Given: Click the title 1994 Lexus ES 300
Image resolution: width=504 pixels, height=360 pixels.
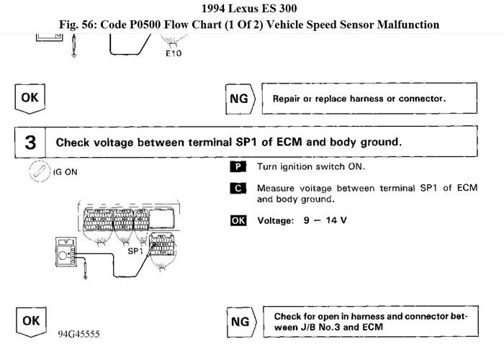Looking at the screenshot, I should [251, 9].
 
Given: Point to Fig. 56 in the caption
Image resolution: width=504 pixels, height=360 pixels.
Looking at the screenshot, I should [83, 24].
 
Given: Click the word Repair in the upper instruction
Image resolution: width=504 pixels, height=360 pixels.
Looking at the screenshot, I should [287, 99].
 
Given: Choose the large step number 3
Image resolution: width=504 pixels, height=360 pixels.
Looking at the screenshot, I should [30, 142].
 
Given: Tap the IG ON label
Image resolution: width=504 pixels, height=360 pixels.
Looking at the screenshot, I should [66, 173].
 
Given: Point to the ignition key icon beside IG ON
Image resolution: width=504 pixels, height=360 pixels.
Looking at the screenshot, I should [37, 172].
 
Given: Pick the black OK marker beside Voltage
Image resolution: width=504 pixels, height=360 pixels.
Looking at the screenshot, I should [238, 220].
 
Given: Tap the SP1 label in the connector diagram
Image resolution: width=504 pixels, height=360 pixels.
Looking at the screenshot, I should [135, 252].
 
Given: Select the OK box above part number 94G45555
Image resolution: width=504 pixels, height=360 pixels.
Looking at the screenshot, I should [30, 321].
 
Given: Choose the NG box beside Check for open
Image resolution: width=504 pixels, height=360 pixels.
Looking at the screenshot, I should [240, 322].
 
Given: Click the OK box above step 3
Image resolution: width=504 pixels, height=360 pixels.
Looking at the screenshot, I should [30, 98].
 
